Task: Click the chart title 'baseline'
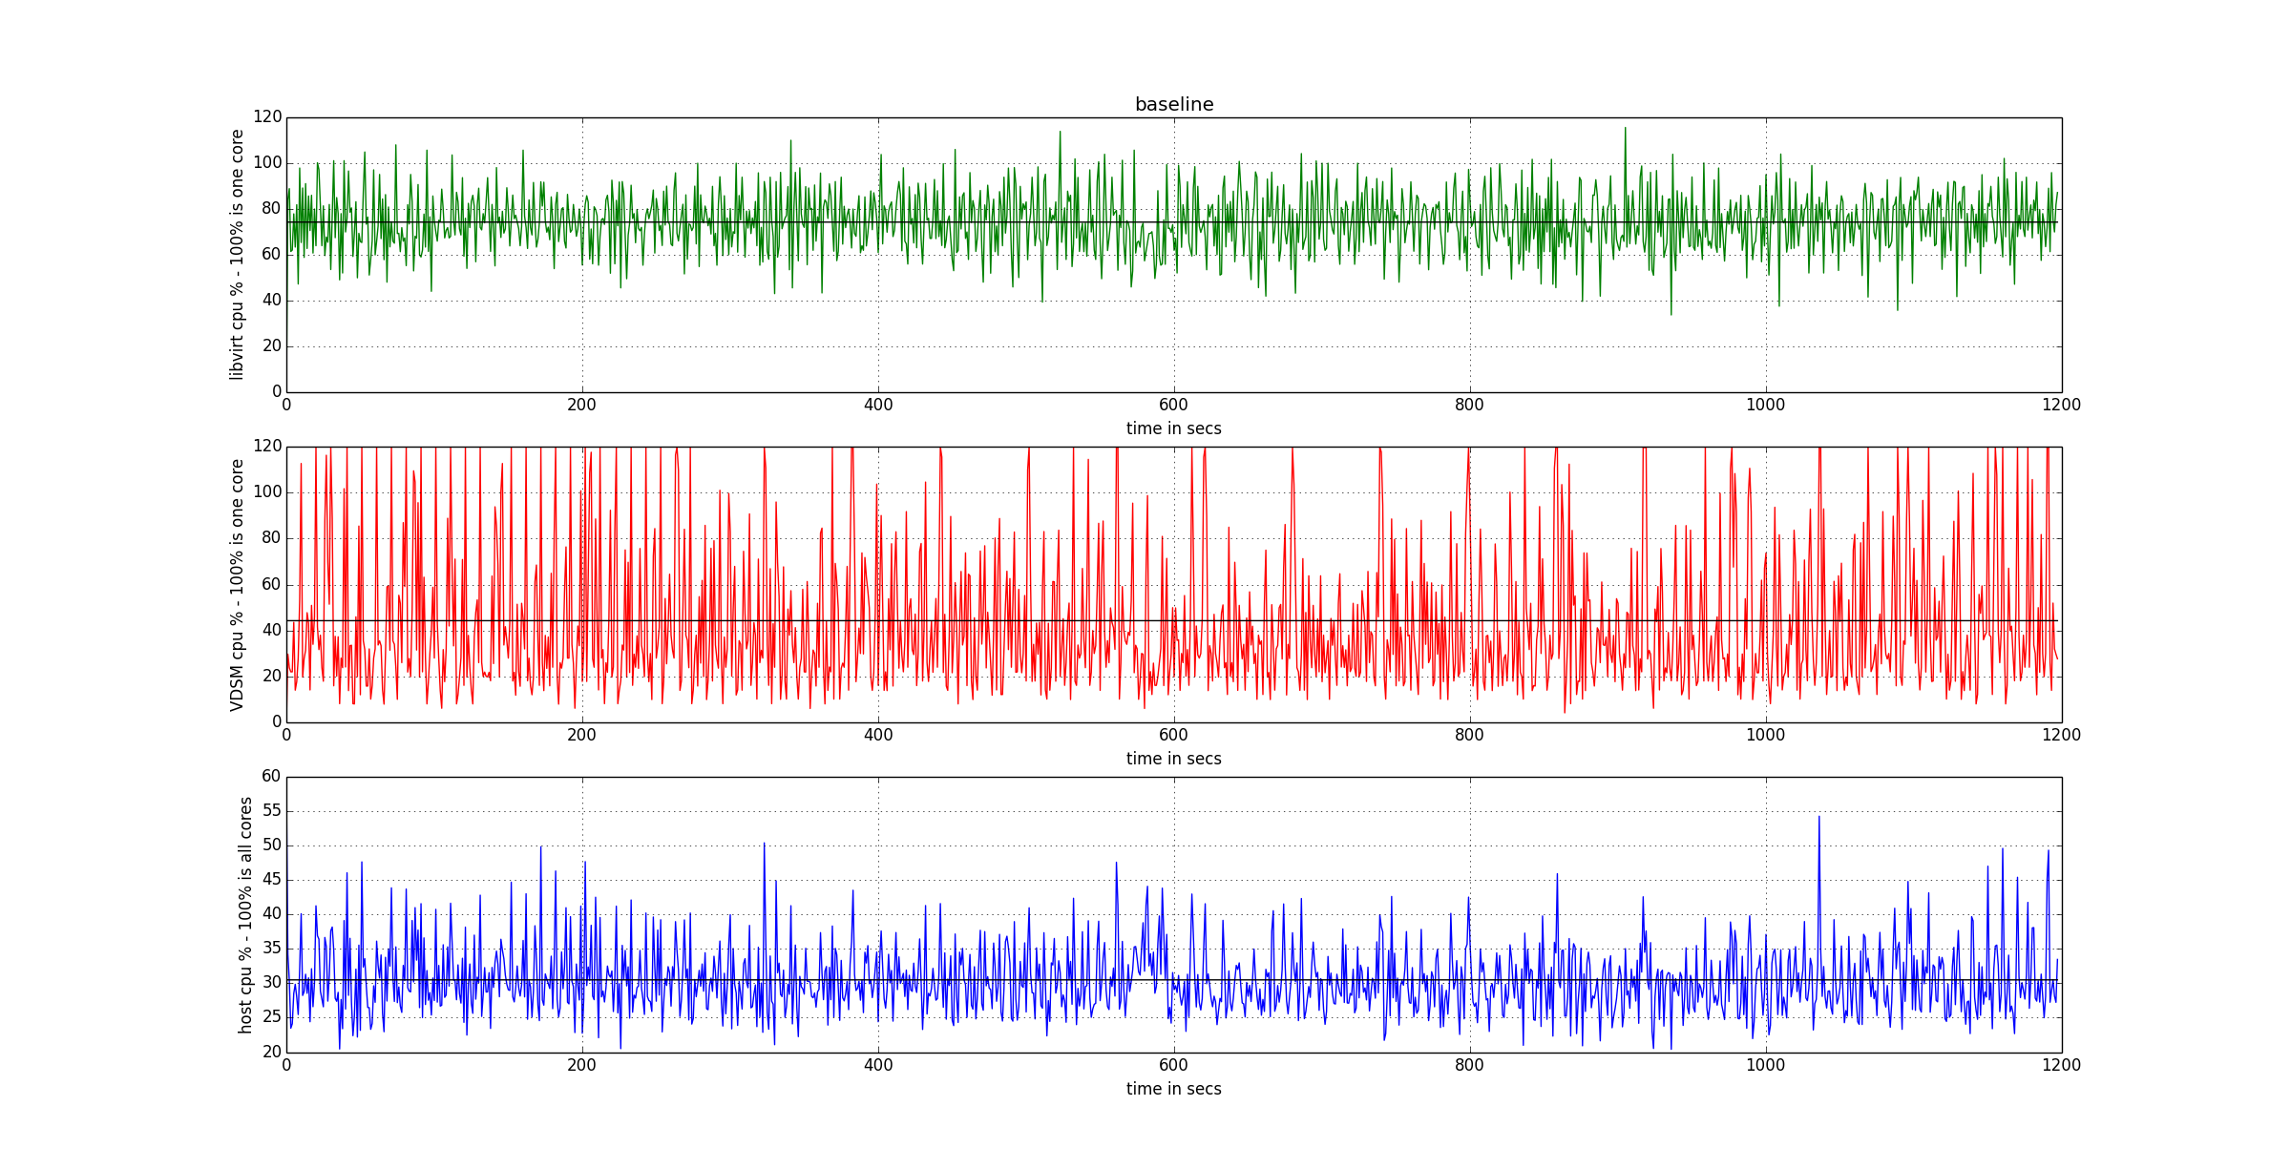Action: click(x=1173, y=104)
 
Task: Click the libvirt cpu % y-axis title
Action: click(x=237, y=255)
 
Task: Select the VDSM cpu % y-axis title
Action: click(x=237, y=584)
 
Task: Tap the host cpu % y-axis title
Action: click(x=245, y=914)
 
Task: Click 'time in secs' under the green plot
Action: click(x=1173, y=428)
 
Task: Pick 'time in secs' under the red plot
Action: click(x=1173, y=759)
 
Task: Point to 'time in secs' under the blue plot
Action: click(x=1173, y=1089)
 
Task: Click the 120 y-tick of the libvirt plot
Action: click(x=267, y=116)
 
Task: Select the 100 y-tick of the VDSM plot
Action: click(x=267, y=492)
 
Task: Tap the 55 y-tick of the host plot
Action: click(x=272, y=811)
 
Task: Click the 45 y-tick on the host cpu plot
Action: click(x=272, y=880)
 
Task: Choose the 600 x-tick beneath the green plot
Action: click(x=1173, y=405)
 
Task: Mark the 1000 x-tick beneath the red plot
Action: click(x=1765, y=735)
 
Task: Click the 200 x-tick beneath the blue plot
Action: click(x=581, y=1065)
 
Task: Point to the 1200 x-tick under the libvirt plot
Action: click(x=2061, y=405)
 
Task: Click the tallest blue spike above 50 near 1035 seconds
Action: click(x=1818, y=818)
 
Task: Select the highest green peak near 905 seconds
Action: click(x=1625, y=129)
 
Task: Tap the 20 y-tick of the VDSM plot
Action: click(x=272, y=676)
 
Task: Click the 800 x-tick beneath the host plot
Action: click(x=1469, y=1065)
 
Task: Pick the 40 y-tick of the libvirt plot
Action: click(x=272, y=300)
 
